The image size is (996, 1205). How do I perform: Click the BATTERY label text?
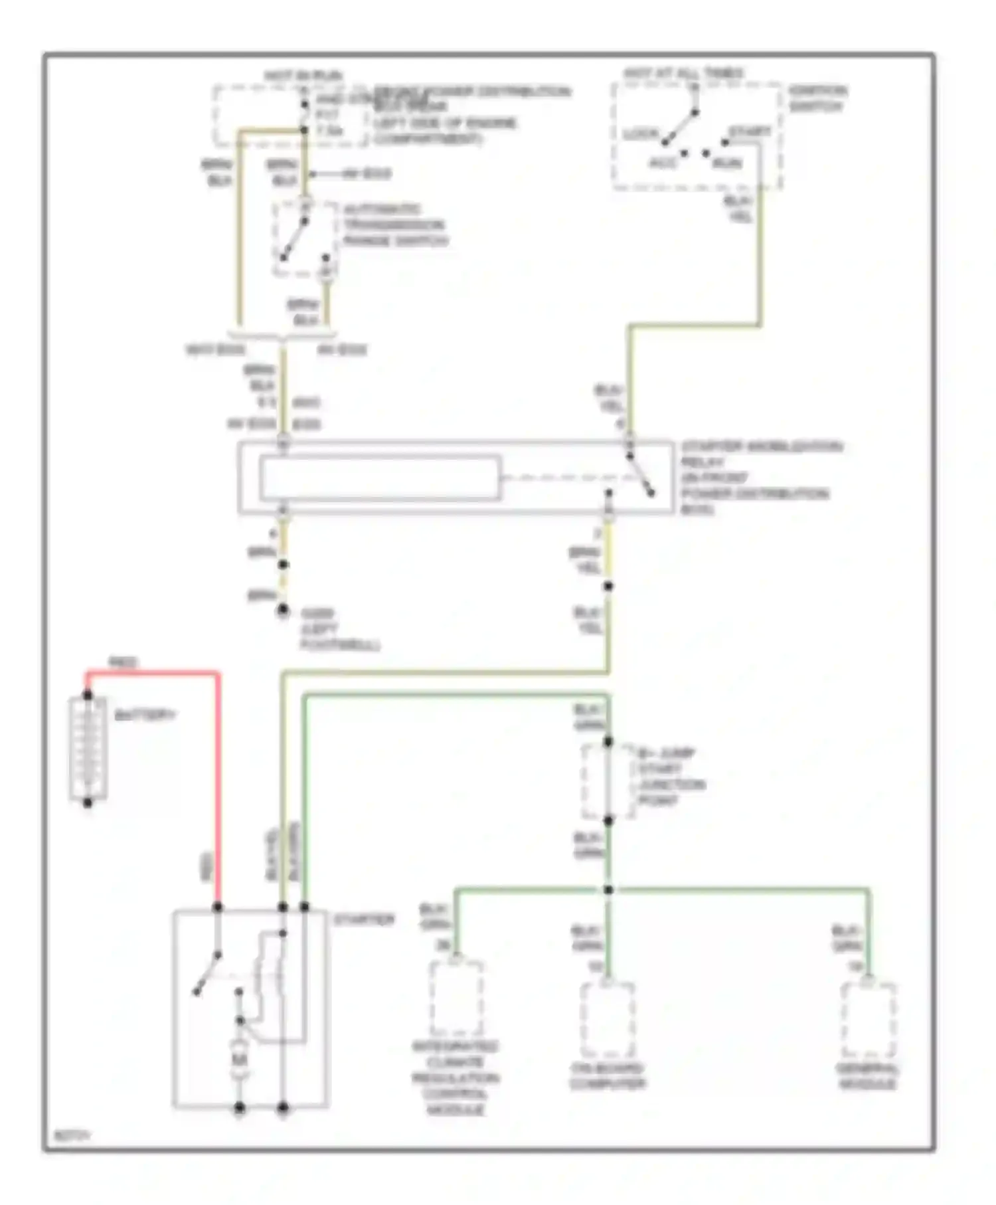pyautogui.click(x=145, y=715)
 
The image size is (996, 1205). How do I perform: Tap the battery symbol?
pyautogui.click(x=88, y=749)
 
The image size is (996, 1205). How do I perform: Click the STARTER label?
pyautogui.click(x=363, y=920)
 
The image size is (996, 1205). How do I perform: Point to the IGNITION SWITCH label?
pyautogui.click(x=817, y=98)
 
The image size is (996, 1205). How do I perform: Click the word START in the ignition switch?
pyautogui.click(x=750, y=132)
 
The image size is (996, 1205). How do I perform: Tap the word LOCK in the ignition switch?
pyautogui.click(x=640, y=134)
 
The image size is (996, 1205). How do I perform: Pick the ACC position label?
pyautogui.click(x=662, y=163)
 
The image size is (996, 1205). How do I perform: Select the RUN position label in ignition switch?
pyautogui.click(x=727, y=163)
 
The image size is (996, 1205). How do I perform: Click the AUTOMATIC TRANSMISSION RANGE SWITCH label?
pyautogui.click(x=394, y=225)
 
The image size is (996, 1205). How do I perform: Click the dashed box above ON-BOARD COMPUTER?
pyautogui.click(x=608, y=1020)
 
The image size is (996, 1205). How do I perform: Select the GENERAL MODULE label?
pyautogui.click(x=867, y=1077)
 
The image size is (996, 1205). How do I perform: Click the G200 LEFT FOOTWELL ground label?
pyautogui.click(x=339, y=629)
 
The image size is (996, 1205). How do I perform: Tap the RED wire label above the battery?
pyautogui.click(x=123, y=662)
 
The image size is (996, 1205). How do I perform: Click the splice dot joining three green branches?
pyautogui.click(x=608, y=889)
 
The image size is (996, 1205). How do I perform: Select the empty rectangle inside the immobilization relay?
pyautogui.click(x=380, y=477)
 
